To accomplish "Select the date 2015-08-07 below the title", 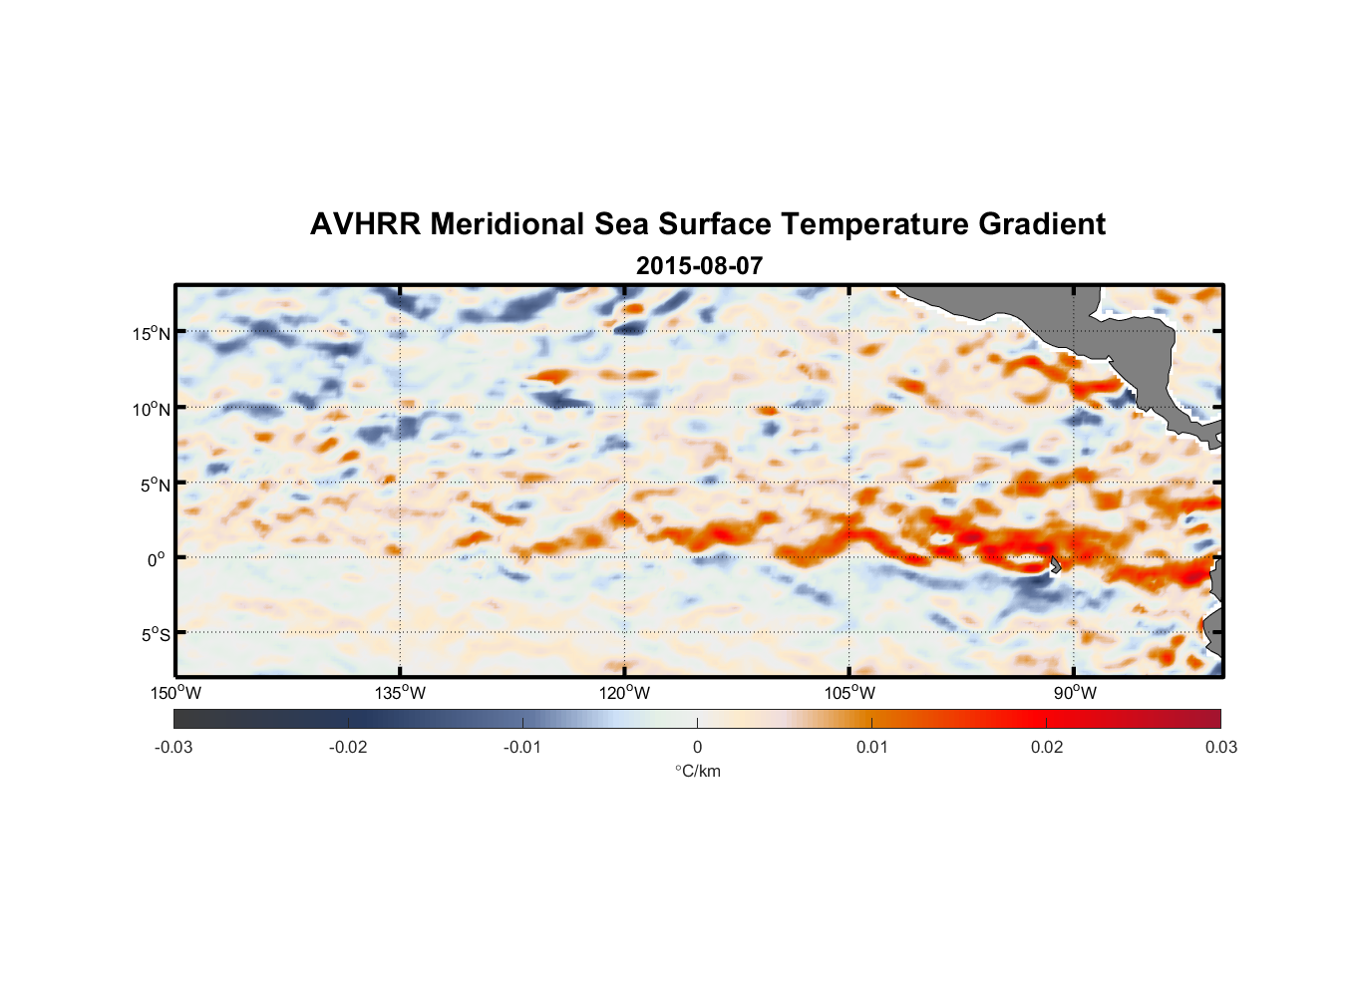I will (x=699, y=266).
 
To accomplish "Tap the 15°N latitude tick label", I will (x=152, y=333).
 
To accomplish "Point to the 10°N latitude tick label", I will (x=152, y=409).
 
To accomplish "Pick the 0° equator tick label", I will (x=157, y=559).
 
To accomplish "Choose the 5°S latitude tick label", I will (x=154, y=635).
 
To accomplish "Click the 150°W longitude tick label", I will (x=176, y=693).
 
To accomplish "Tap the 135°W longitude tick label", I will (x=401, y=693).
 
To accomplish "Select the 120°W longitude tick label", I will (x=625, y=693).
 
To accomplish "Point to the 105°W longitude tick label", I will (x=849, y=693).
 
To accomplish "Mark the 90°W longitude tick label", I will (x=1075, y=693).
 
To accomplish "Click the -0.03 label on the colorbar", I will (x=173, y=747).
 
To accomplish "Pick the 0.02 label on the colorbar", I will (x=1047, y=747).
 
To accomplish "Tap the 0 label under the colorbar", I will (x=697, y=747).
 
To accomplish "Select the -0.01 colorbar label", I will (x=522, y=747).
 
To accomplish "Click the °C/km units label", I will (x=698, y=771).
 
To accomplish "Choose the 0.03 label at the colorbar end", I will (x=1220, y=747).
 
